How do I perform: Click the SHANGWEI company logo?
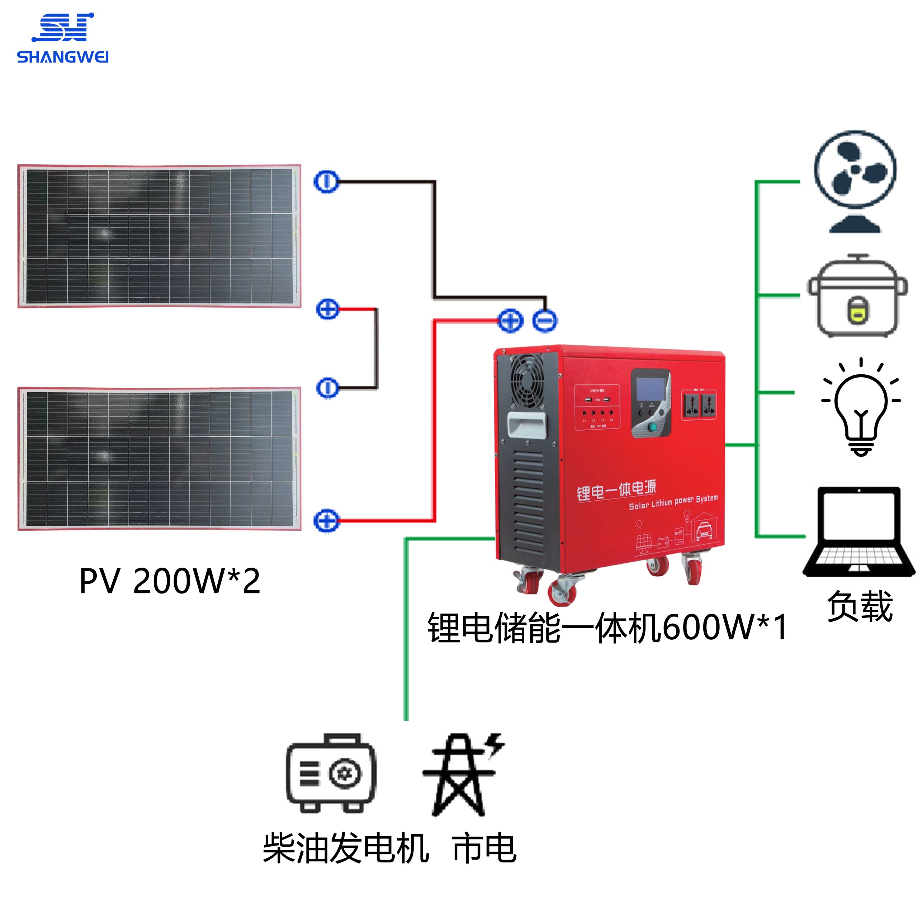63,38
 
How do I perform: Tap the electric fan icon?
855,181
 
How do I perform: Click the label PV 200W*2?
170,581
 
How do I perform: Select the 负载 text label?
860,606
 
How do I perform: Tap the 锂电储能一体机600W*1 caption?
607,628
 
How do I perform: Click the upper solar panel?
159,236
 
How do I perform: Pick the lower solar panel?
159,459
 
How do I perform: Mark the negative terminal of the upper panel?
326,182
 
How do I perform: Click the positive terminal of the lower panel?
326,520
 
